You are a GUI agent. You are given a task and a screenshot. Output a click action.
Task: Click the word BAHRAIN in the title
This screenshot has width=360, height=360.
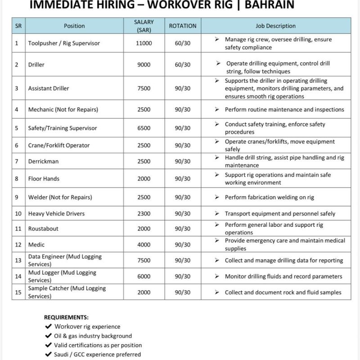click(265, 5)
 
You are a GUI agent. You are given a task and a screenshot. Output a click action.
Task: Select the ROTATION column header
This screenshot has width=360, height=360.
click(182, 26)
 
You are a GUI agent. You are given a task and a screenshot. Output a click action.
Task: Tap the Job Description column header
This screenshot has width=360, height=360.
click(275, 26)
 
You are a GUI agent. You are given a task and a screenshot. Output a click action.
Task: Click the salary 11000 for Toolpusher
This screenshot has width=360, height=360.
click(144, 43)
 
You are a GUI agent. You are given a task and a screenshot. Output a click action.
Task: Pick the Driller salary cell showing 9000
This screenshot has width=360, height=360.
click(144, 65)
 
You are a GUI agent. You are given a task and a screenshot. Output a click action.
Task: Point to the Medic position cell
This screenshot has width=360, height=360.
click(36, 244)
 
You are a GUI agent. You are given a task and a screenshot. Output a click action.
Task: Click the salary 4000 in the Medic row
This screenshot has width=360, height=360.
click(144, 244)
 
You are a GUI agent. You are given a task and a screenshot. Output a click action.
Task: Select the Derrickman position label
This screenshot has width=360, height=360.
click(43, 161)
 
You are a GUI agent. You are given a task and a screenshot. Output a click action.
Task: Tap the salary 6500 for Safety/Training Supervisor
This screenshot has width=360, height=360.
click(144, 128)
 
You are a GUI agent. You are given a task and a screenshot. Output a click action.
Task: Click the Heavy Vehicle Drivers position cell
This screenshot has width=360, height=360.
click(56, 213)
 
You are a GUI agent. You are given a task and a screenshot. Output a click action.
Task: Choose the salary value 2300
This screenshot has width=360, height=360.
click(144, 213)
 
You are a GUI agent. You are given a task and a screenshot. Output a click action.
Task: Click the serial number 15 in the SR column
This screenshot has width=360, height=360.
click(18, 292)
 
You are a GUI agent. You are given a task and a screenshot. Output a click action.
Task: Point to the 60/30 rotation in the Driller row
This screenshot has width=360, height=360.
click(182, 65)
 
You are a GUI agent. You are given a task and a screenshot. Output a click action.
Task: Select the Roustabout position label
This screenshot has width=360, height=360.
click(43, 229)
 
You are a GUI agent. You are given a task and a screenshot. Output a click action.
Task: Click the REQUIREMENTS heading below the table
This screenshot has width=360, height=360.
click(66, 317)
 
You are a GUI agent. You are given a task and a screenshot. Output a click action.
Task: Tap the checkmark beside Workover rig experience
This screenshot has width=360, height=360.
click(48, 327)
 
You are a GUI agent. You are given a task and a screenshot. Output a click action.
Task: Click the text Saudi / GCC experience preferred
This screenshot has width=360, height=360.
click(98, 355)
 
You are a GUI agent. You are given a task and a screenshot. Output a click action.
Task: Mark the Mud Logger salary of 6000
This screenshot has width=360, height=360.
click(144, 276)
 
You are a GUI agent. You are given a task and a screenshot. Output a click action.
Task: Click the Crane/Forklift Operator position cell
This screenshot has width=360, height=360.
click(58, 145)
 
